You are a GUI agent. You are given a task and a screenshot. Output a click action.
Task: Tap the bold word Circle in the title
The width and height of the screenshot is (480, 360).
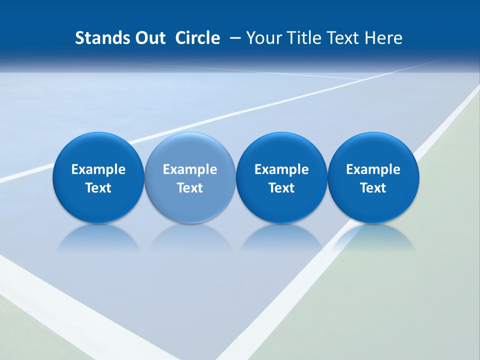pos(197,38)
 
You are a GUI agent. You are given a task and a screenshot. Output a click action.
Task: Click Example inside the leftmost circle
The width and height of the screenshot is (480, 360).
pos(98,169)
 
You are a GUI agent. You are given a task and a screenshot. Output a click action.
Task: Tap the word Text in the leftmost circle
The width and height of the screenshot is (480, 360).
pos(98,188)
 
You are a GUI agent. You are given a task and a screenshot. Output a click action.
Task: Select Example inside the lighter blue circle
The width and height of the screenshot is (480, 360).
pos(190,169)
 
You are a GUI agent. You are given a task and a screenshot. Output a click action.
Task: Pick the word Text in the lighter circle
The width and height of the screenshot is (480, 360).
pos(190,188)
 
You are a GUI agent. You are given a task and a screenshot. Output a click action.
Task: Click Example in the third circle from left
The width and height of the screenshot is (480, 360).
pos(281,169)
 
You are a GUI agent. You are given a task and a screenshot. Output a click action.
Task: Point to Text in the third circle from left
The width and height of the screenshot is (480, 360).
pos(281,188)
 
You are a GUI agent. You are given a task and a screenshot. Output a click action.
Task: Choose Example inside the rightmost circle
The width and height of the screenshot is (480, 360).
pos(373,169)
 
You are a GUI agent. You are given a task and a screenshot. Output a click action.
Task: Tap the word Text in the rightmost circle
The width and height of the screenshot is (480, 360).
pos(373,188)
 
